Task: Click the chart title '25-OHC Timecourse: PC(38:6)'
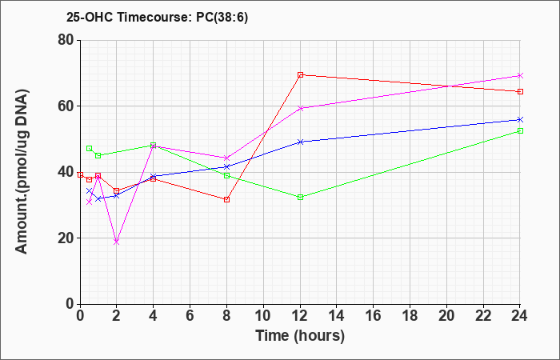coord(157,18)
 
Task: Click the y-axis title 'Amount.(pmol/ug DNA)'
coord(22,171)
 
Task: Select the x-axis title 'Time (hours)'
coord(300,336)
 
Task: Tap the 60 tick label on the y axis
coord(66,106)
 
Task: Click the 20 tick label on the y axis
coord(66,238)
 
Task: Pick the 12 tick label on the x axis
coord(300,316)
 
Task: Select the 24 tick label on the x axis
coord(519,316)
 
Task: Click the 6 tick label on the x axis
coord(190,316)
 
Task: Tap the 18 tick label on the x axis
coord(410,316)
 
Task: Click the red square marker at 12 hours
coord(300,74)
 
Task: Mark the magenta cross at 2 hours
coord(116,242)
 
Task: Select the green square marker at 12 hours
coord(300,197)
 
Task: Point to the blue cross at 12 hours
coord(300,142)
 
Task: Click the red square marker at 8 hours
coord(226,200)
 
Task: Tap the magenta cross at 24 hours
coord(520,75)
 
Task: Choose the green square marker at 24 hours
coord(520,130)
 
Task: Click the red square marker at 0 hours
coord(80,174)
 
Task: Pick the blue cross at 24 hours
coord(520,119)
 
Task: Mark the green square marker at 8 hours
coord(226,175)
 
